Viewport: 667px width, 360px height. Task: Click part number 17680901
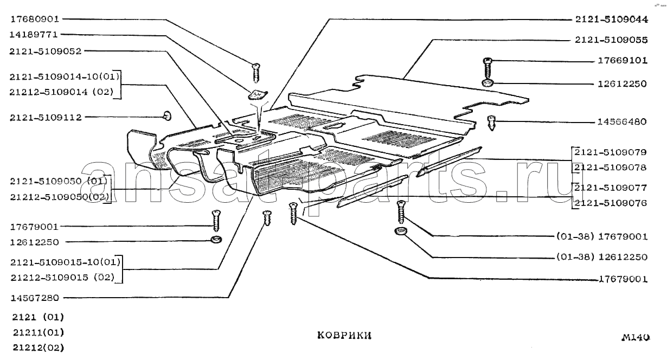click(35, 19)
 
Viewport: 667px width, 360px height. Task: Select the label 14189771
click(34, 35)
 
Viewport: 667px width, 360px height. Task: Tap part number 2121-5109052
click(45, 51)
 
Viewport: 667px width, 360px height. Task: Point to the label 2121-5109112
click(46, 117)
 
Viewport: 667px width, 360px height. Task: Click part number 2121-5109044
click(611, 20)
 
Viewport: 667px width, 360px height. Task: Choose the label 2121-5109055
click(611, 40)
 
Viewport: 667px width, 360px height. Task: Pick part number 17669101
click(623, 60)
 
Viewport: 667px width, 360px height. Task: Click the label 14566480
click(623, 121)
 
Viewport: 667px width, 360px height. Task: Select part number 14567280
click(35, 298)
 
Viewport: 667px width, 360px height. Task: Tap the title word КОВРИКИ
click(344, 336)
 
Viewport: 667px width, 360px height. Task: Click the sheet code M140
click(636, 337)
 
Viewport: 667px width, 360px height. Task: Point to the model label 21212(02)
click(39, 348)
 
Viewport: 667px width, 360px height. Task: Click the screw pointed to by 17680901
click(256, 73)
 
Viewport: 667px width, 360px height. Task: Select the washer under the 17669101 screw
click(488, 83)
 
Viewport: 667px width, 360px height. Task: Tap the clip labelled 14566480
click(491, 123)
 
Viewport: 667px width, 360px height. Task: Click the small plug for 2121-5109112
click(168, 115)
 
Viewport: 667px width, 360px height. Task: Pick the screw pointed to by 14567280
click(267, 217)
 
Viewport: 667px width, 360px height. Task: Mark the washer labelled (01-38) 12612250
click(400, 231)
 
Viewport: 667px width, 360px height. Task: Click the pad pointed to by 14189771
click(258, 95)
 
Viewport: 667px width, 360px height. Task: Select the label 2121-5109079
click(611, 152)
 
